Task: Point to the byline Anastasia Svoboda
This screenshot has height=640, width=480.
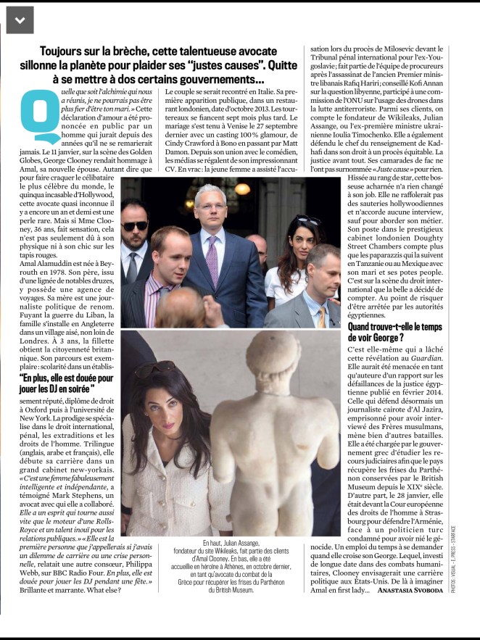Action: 405,591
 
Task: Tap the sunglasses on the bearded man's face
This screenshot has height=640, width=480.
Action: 136,226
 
